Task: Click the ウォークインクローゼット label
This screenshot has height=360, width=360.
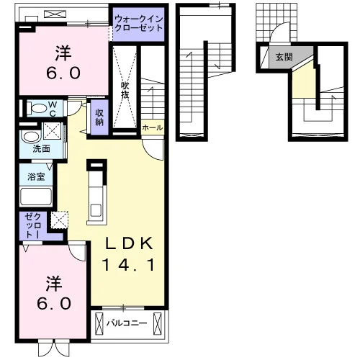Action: [x=139, y=24]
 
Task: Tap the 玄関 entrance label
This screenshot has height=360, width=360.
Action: [x=284, y=57]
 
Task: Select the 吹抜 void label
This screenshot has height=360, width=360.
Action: [x=125, y=90]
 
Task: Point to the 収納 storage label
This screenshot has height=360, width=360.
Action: [x=99, y=117]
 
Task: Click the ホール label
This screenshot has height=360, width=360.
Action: [x=153, y=127]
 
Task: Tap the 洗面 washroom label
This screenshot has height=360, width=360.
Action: [x=41, y=149]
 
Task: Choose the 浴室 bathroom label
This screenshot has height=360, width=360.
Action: [x=36, y=176]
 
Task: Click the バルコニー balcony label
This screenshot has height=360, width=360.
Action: [x=127, y=323]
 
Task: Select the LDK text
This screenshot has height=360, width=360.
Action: [x=129, y=243]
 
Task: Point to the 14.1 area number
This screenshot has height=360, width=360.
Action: [x=128, y=265]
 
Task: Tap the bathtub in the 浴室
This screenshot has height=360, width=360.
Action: [x=36, y=197]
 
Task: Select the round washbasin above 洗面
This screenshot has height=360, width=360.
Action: [x=30, y=138]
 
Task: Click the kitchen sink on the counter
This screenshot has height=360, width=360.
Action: [x=96, y=210]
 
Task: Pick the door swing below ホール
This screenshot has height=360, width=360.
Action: [x=153, y=150]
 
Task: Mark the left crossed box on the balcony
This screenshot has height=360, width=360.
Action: [x=99, y=323]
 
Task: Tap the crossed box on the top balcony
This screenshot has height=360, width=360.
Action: [x=55, y=14]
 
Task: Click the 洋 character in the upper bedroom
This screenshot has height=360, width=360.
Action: [x=63, y=53]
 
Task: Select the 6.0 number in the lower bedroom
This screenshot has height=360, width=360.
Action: [x=54, y=303]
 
